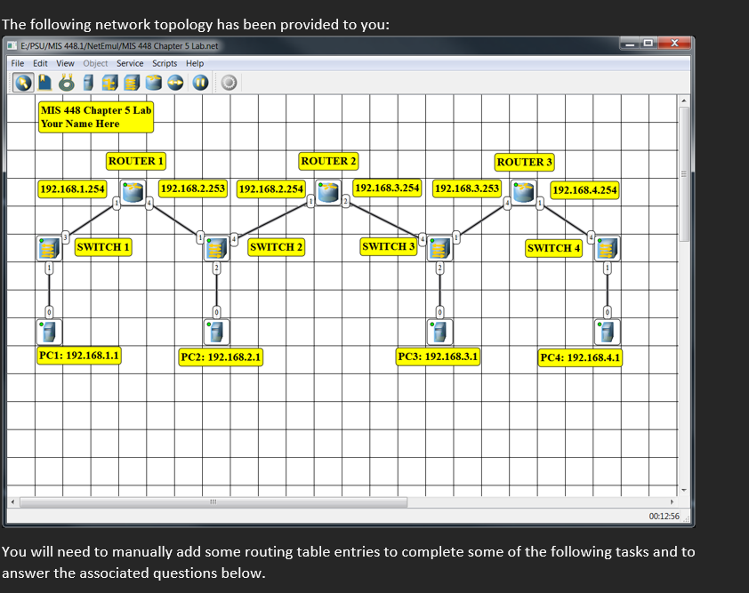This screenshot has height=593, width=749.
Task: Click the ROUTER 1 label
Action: [x=136, y=161]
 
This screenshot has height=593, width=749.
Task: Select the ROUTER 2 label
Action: [x=329, y=161]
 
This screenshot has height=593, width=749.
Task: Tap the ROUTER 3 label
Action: [x=525, y=162]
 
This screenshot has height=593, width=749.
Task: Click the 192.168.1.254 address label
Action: [x=72, y=188]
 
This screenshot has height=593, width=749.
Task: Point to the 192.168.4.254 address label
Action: [x=584, y=189]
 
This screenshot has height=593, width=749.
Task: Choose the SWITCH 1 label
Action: [x=103, y=246]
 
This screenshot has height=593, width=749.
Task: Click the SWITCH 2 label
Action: [x=277, y=246]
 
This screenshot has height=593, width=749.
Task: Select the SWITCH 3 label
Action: [x=389, y=246]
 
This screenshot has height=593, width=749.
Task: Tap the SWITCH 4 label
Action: [x=554, y=247]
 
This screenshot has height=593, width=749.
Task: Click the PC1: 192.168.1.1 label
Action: [x=79, y=356]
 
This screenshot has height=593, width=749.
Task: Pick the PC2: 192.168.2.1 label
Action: [x=221, y=357]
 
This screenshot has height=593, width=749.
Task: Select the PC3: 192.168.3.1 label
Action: [x=439, y=357]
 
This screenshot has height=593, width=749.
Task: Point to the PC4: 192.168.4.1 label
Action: [x=581, y=357]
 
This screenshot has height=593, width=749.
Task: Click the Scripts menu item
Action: [x=165, y=63]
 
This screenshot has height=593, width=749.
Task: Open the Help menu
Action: [x=195, y=63]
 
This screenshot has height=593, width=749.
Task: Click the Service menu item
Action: [x=130, y=63]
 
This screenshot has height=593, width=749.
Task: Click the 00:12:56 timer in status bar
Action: [x=664, y=516]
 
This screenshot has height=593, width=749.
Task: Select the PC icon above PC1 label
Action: [x=49, y=333]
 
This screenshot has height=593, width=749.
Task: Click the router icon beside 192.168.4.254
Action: [x=524, y=192]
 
